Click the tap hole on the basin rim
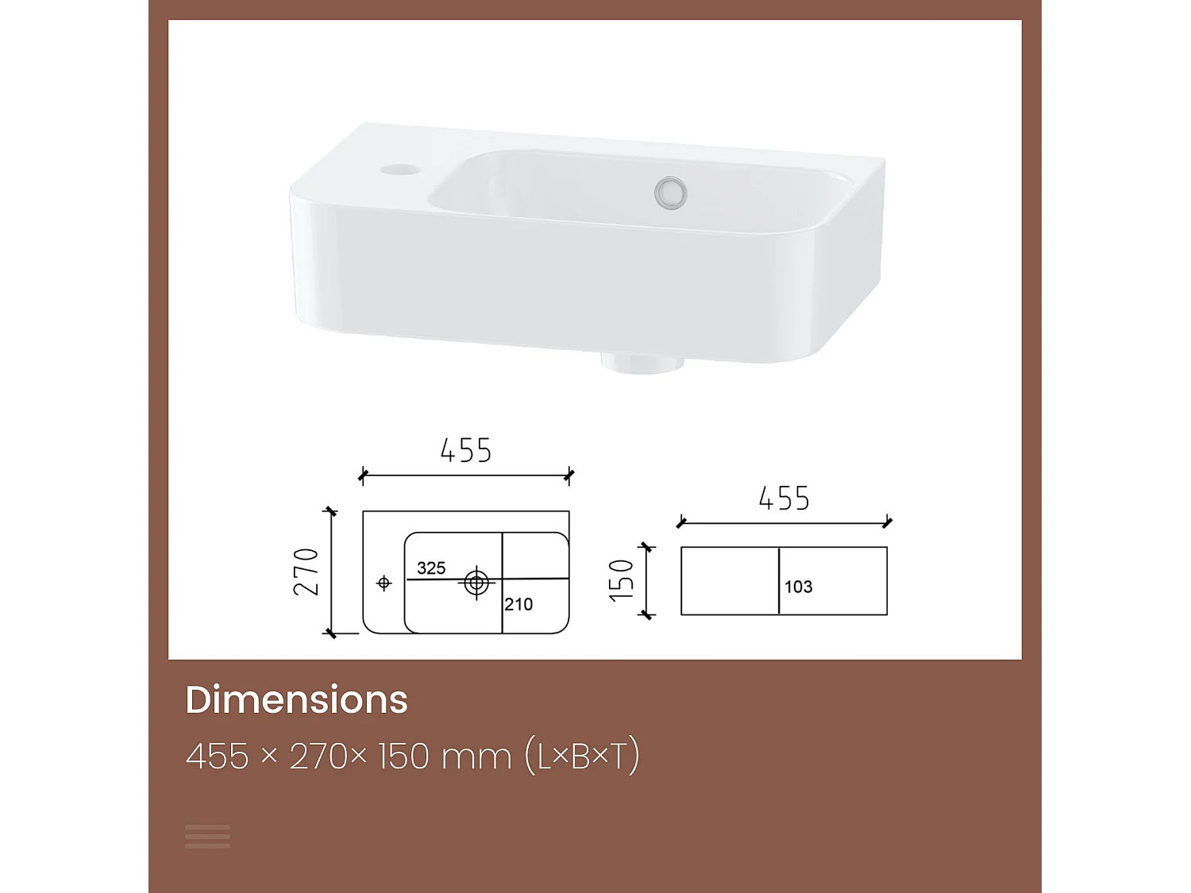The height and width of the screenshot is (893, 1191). click(398, 169)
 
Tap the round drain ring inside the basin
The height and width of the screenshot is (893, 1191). click(670, 193)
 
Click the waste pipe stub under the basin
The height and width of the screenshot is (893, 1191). click(642, 364)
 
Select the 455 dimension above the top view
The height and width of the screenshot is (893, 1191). click(466, 451)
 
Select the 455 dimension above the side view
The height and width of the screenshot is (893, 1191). click(784, 498)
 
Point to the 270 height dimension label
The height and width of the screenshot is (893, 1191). click(306, 572)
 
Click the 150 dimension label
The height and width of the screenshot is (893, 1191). click(622, 580)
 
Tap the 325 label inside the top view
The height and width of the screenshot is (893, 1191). click(431, 568)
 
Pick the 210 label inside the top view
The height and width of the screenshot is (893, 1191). click(518, 604)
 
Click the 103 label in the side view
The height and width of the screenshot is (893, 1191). click(798, 587)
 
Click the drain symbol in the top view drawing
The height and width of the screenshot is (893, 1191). click(476, 583)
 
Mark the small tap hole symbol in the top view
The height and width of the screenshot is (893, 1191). click(384, 583)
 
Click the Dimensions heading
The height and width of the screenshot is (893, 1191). click(296, 699)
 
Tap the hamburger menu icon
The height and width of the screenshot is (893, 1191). click(207, 836)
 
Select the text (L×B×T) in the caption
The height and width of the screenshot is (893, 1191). click(582, 756)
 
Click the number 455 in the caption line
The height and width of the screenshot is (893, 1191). click(217, 756)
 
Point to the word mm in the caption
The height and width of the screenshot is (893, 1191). click(476, 756)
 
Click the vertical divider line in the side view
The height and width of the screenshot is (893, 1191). click(779, 580)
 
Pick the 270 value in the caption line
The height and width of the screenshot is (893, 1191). click(319, 756)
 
